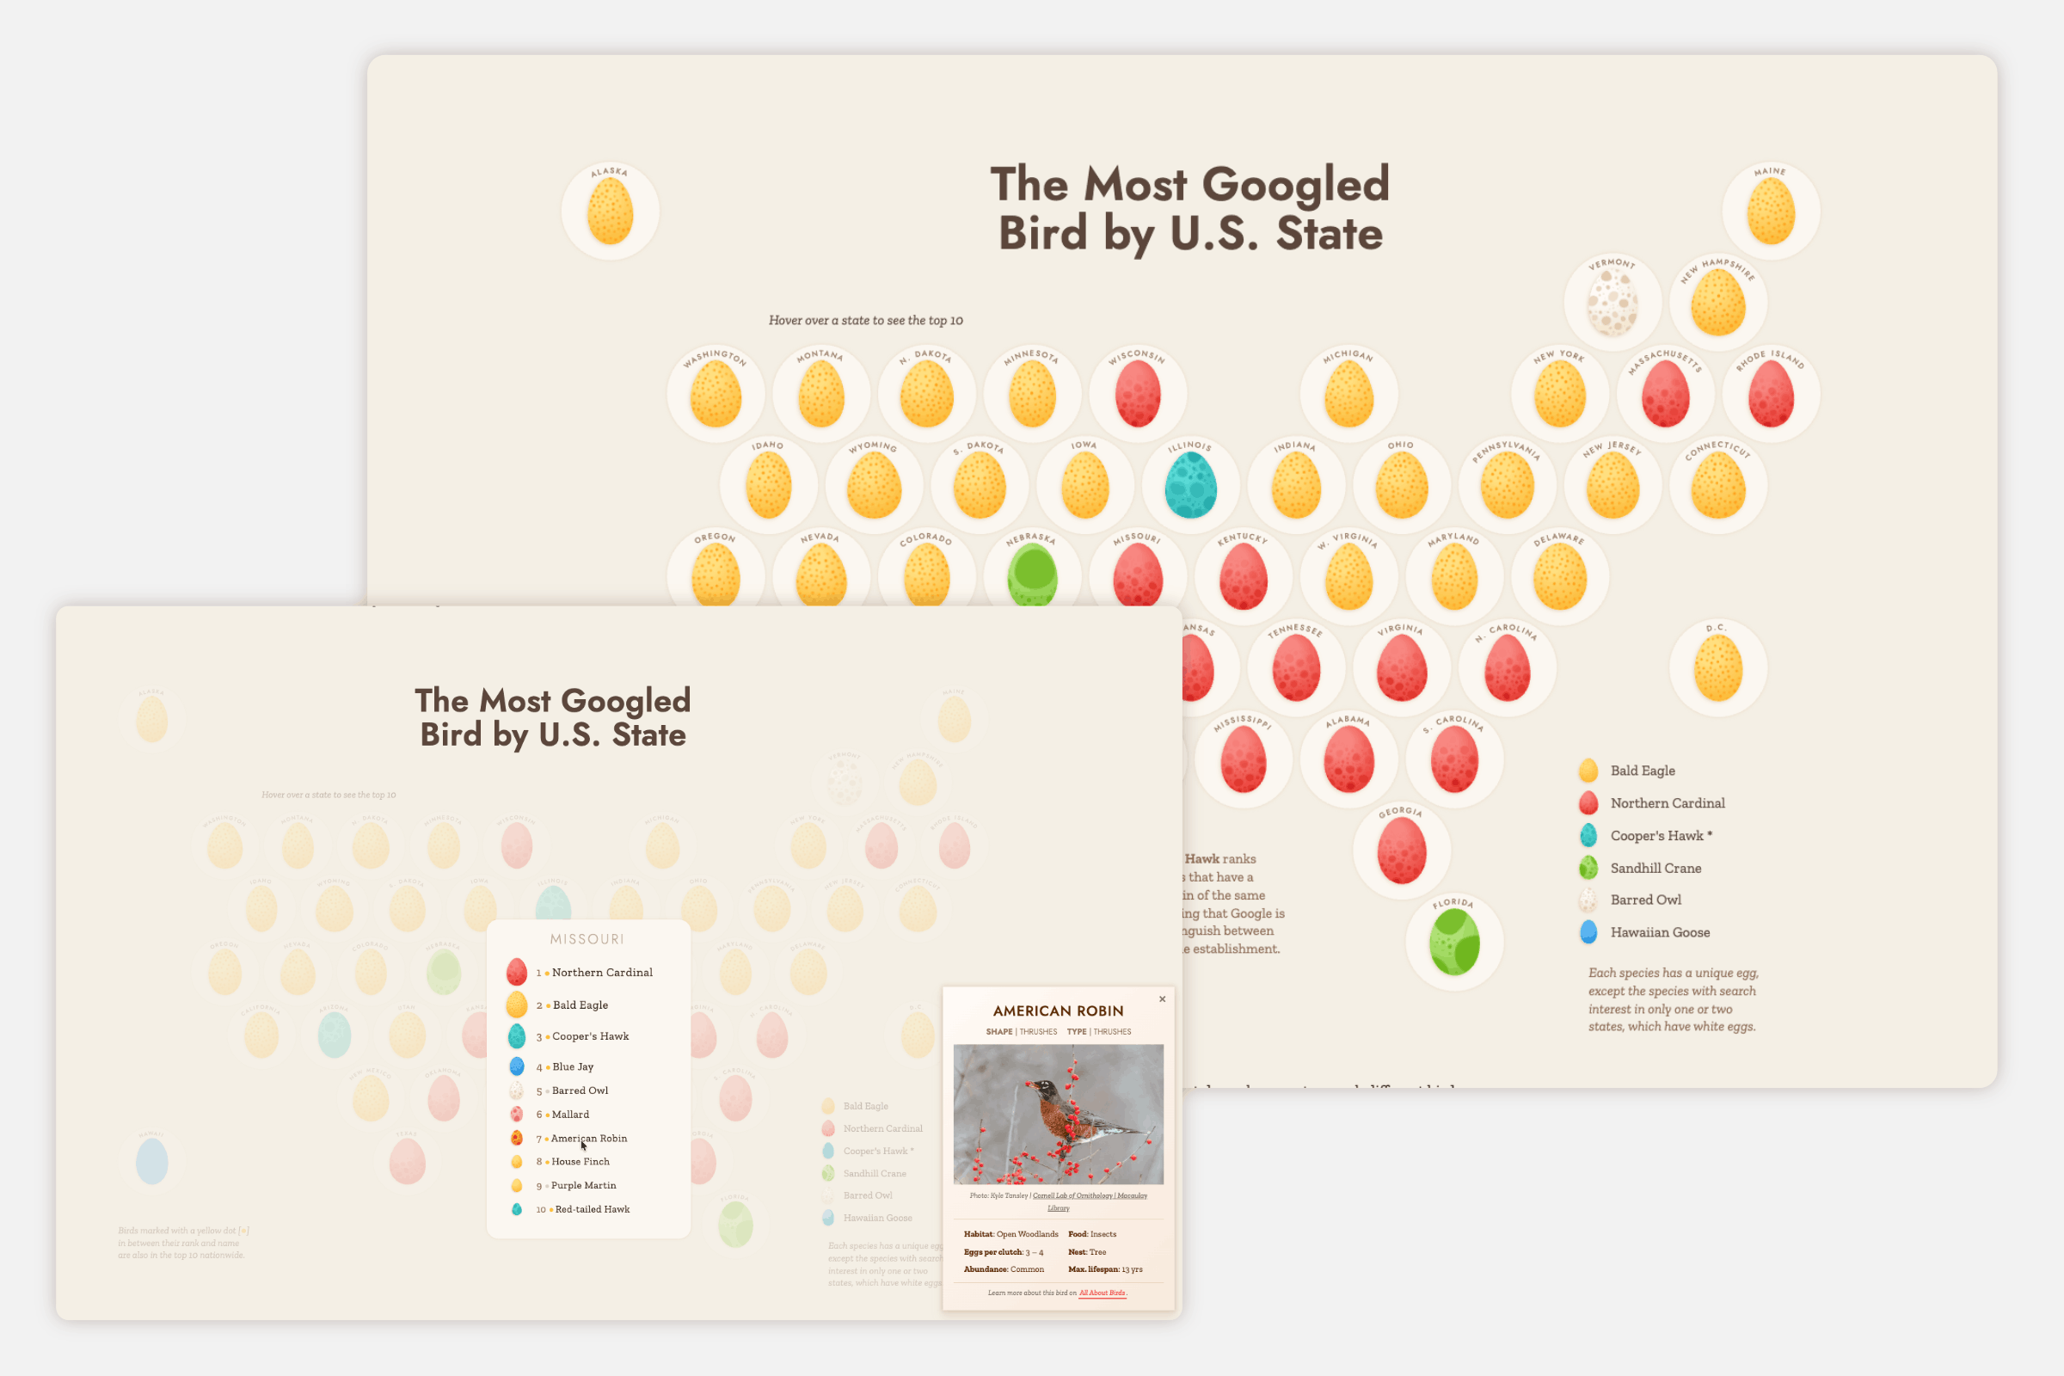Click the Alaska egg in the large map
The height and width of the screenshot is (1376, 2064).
(x=610, y=212)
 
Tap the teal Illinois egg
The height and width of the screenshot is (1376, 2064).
(x=1190, y=485)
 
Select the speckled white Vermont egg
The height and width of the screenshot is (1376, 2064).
(x=1612, y=303)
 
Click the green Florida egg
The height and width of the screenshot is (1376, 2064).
(x=1454, y=943)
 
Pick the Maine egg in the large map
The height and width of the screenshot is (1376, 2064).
(x=1770, y=212)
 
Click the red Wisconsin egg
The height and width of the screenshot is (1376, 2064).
(x=1137, y=394)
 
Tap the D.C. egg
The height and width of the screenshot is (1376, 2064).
(x=1717, y=669)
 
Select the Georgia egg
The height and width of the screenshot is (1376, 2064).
(x=1402, y=851)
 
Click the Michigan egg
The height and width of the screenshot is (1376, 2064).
(x=1348, y=394)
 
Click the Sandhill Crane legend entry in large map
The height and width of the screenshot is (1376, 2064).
(x=1655, y=868)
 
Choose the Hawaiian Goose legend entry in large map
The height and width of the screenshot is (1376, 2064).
(x=1660, y=932)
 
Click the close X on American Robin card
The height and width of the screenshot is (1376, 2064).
(x=1163, y=998)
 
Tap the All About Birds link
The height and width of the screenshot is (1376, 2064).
(x=1103, y=1293)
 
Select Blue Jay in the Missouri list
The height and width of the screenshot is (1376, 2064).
(x=572, y=1066)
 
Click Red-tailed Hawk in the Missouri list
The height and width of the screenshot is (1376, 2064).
(x=592, y=1209)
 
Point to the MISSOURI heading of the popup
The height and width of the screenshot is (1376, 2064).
(x=587, y=939)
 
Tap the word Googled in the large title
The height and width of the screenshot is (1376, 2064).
(x=1295, y=184)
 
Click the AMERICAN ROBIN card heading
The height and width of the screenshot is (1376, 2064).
(x=1059, y=1011)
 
